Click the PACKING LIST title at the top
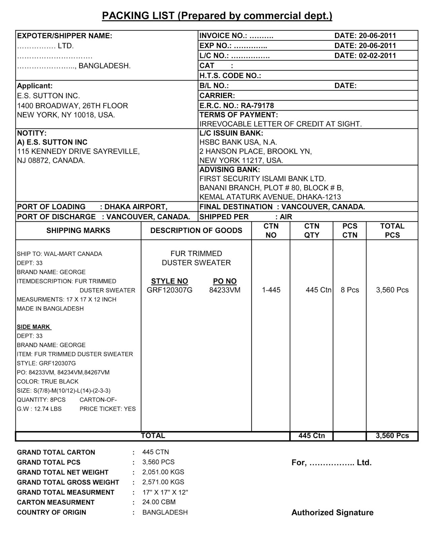click(x=217, y=16)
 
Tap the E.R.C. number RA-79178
click(x=257, y=106)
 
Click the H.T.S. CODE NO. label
click(x=230, y=76)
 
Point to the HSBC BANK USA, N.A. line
click(x=238, y=142)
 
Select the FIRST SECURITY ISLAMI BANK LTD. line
click(x=263, y=179)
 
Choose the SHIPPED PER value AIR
click(x=286, y=217)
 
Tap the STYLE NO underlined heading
click(x=169, y=281)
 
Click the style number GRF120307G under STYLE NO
click(x=169, y=290)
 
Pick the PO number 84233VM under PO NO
click(x=225, y=290)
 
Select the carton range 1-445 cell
click(x=271, y=290)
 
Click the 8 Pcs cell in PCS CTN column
click(x=350, y=290)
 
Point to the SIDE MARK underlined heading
click(x=34, y=327)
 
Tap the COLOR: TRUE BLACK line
click(x=47, y=381)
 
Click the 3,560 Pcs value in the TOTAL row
click(x=392, y=436)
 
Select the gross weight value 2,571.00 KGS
click(x=163, y=482)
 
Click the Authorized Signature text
click(x=332, y=512)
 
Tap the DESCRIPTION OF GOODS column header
click(x=196, y=230)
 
